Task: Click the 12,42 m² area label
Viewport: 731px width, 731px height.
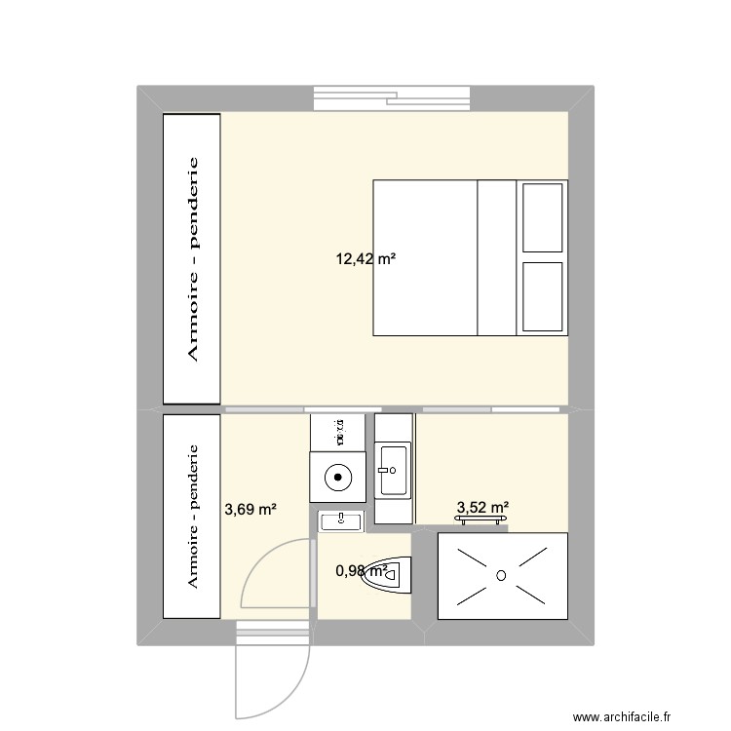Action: (x=365, y=259)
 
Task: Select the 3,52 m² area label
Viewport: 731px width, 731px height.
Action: (x=483, y=507)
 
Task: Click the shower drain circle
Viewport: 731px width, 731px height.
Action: (x=501, y=575)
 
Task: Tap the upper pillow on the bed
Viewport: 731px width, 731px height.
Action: (x=542, y=216)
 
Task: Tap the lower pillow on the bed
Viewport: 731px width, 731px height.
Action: (x=542, y=295)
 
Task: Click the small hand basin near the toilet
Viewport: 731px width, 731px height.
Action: (x=339, y=521)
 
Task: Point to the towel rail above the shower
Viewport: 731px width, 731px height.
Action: (x=483, y=520)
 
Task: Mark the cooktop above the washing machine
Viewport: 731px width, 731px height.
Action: (x=337, y=427)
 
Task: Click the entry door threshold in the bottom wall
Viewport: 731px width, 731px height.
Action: (x=274, y=633)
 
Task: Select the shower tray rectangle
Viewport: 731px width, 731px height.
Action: (x=501, y=575)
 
